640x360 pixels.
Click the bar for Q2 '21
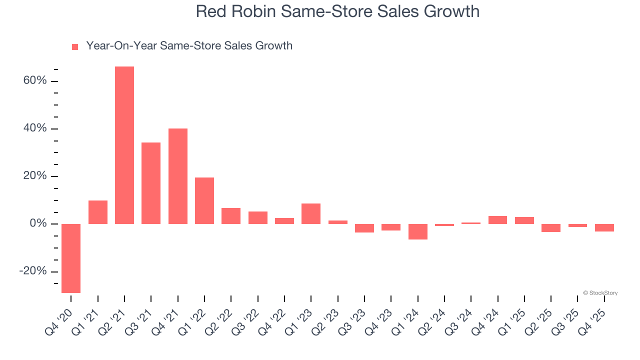pyautogui.click(x=124, y=145)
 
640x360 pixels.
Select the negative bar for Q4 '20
pyautogui.click(x=71, y=258)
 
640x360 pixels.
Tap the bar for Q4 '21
pyautogui.click(x=178, y=176)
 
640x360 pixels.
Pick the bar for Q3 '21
pyautogui.click(x=151, y=183)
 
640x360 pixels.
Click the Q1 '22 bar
pyautogui.click(x=204, y=200)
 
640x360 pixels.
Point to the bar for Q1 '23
pyautogui.click(x=311, y=213)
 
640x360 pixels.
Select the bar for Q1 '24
pyautogui.click(x=418, y=231)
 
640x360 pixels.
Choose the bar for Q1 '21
pyautogui.click(x=98, y=212)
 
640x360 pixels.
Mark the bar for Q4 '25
pyautogui.click(x=604, y=227)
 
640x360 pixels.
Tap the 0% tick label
pyautogui.click(x=38, y=223)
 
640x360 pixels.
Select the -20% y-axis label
pyautogui.click(x=33, y=271)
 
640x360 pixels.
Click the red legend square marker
pyautogui.click(x=75, y=47)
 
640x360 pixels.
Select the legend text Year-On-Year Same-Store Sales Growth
pyautogui.click(x=189, y=46)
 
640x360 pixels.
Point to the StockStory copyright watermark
pyautogui.click(x=600, y=293)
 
